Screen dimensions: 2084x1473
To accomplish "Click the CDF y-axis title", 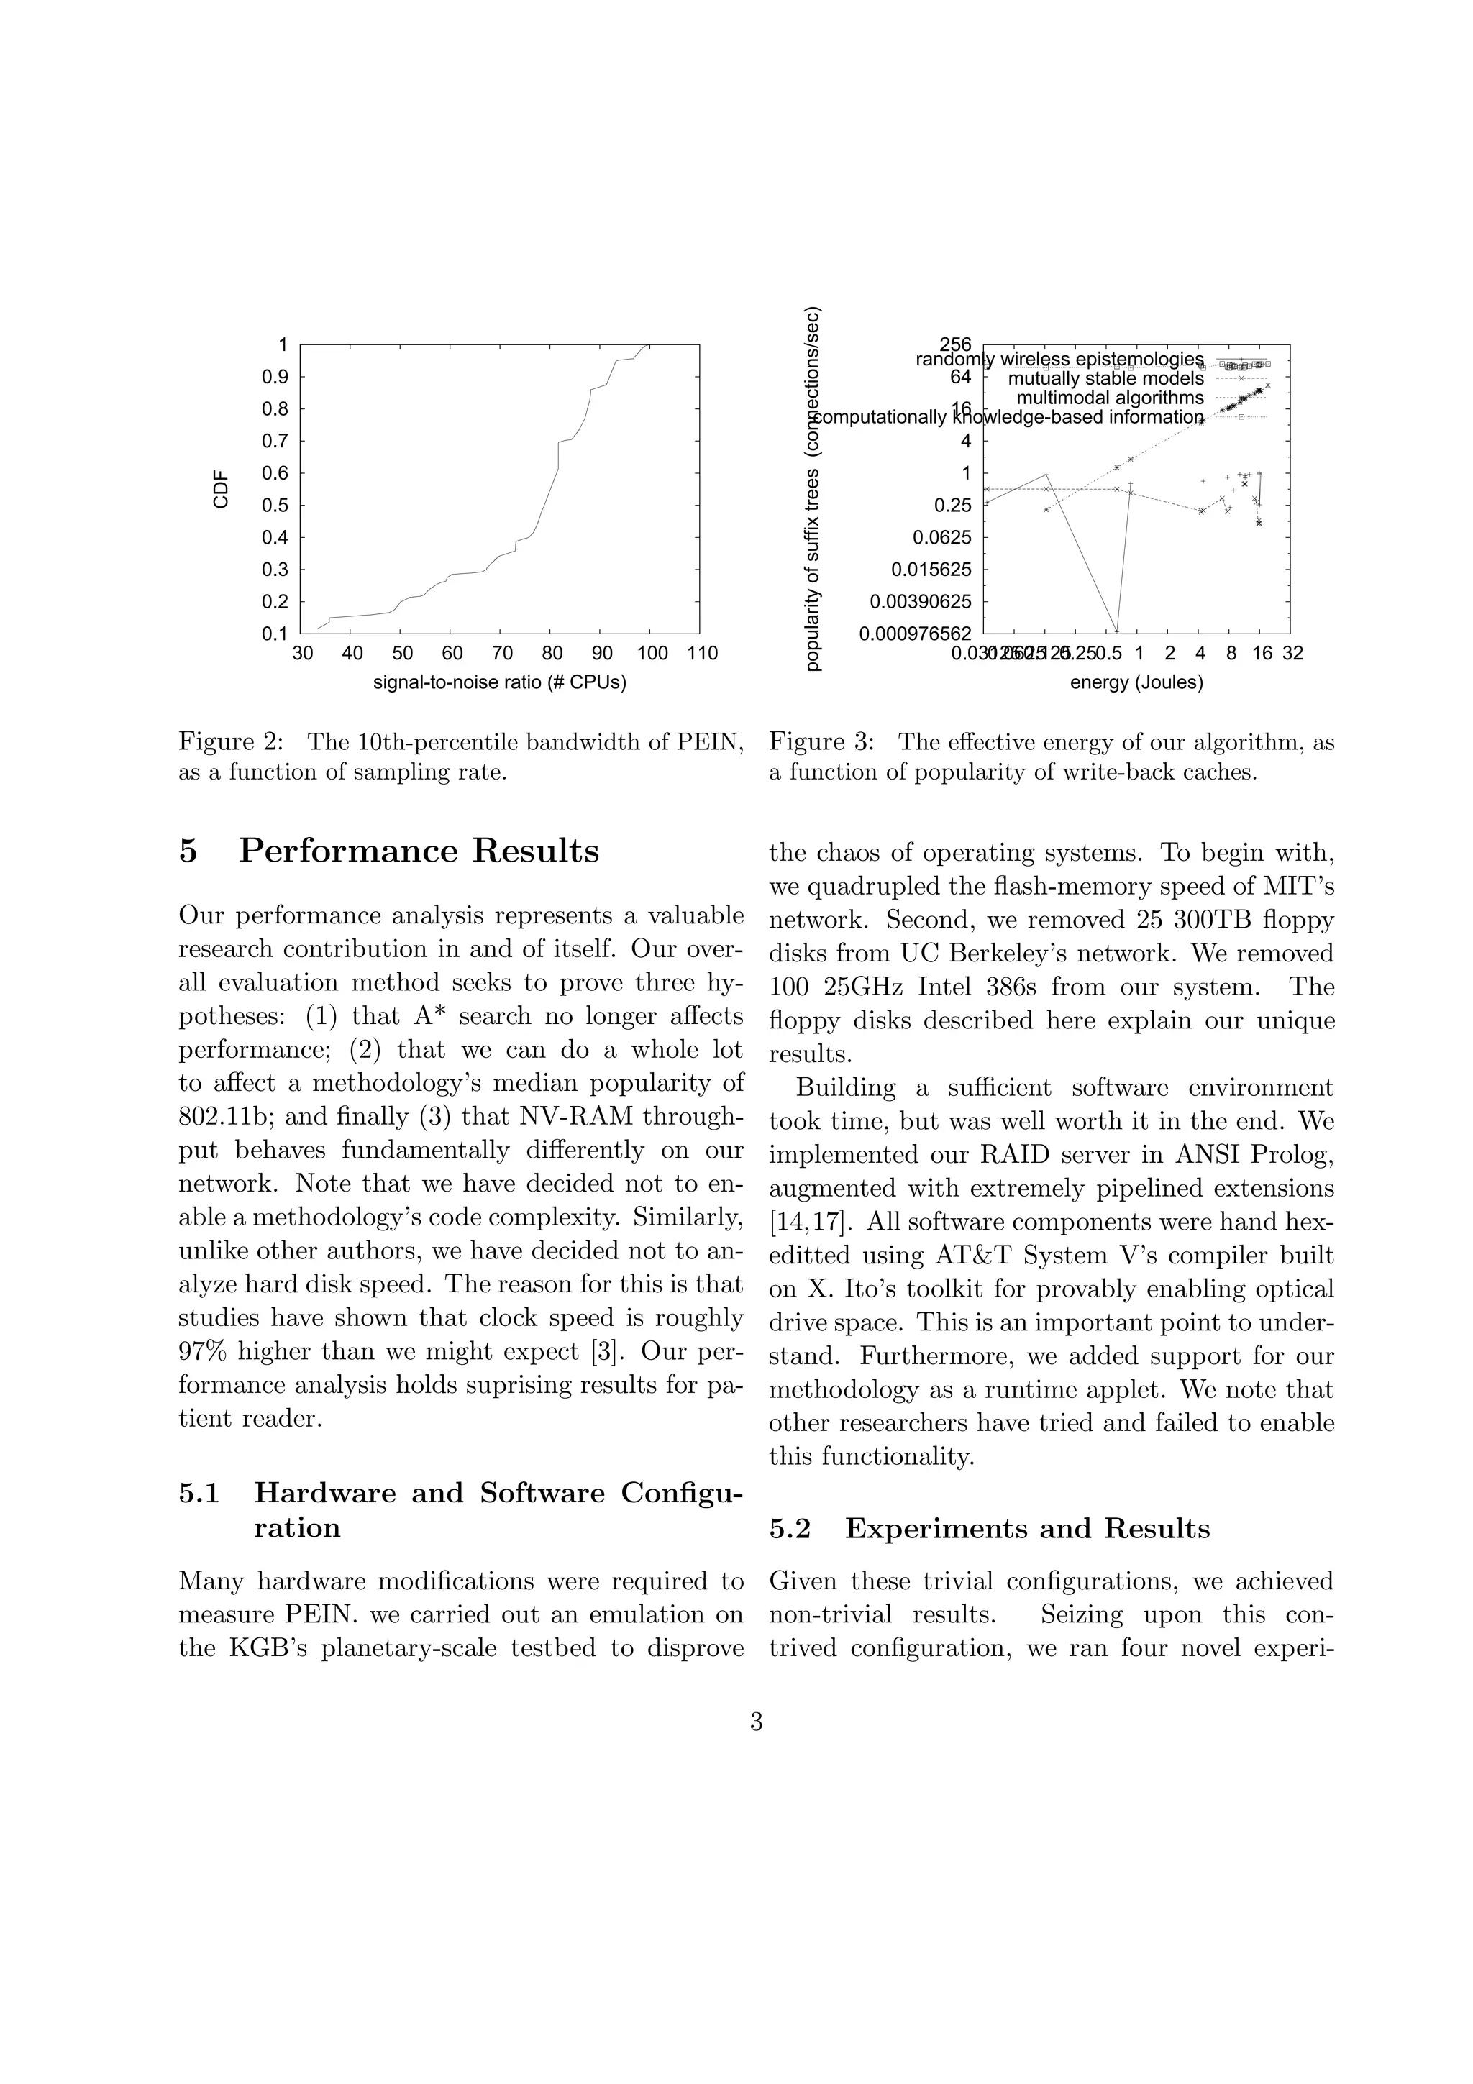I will tap(221, 490).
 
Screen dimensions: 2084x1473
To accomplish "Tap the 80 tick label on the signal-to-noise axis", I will tap(552, 654).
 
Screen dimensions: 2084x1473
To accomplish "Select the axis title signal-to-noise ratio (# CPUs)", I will tap(499, 682).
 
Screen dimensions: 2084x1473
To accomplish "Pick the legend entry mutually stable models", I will tap(1105, 378).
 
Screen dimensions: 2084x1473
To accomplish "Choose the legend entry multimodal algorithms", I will tap(1109, 398).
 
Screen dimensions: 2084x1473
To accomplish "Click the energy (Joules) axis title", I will tap(1136, 682).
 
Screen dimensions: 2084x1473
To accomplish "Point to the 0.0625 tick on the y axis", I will tap(941, 537).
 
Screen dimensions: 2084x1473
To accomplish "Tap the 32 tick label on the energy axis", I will tap(1292, 654).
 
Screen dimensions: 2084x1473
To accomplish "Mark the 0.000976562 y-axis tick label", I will tap(915, 634).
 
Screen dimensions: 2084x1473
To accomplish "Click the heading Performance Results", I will tap(419, 851).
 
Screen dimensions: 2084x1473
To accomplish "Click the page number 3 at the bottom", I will tap(756, 1722).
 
